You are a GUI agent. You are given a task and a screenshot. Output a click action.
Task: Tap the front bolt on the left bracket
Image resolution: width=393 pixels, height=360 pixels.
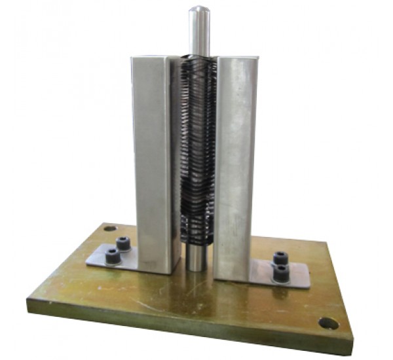click(113, 257)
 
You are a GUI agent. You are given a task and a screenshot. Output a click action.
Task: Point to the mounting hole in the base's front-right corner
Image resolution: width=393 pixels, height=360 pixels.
click(327, 323)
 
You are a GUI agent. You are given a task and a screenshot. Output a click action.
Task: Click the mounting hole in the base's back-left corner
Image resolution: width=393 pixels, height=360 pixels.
click(109, 229)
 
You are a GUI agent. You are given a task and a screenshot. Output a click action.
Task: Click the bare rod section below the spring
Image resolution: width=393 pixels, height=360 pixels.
click(195, 255)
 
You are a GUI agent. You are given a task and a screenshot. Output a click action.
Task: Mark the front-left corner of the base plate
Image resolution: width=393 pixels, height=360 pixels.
click(29, 302)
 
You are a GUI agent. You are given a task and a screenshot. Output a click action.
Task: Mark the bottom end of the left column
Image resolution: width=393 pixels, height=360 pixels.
click(157, 268)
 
